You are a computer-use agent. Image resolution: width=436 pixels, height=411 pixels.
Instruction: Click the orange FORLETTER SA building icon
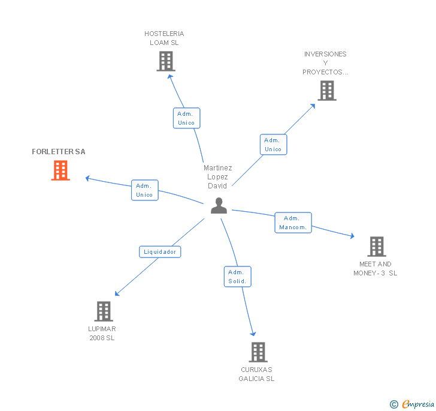(60, 170)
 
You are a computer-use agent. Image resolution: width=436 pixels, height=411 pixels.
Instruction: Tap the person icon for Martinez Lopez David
(219, 206)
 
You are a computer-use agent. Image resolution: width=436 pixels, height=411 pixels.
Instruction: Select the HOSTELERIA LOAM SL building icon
(165, 61)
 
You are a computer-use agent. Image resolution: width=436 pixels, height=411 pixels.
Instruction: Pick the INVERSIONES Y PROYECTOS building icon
(326, 91)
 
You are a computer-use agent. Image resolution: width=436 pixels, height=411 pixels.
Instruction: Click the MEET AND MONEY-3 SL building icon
(376, 247)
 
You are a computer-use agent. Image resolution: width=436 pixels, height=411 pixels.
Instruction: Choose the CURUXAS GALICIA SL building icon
(258, 352)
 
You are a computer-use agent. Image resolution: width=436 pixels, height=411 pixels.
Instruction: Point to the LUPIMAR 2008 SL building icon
(104, 311)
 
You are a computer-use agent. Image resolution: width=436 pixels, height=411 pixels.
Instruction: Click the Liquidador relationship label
(160, 252)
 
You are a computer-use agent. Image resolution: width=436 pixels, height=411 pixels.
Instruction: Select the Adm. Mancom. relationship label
(293, 223)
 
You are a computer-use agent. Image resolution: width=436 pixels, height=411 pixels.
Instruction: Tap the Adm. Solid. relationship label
(238, 277)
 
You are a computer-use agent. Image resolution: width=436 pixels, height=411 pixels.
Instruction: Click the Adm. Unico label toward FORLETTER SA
(144, 190)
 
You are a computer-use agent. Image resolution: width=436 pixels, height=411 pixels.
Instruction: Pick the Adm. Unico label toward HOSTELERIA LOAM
(186, 118)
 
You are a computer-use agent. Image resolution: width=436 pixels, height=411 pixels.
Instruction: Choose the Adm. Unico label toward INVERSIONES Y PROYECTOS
(273, 145)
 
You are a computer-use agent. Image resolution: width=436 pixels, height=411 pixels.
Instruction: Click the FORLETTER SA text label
(59, 152)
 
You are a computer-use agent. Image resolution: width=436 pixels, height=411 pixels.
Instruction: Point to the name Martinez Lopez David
(217, 177)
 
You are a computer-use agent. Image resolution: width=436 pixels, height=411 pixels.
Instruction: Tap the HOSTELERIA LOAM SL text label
(164, 38)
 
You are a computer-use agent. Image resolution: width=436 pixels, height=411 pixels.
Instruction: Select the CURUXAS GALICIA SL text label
(256, 374)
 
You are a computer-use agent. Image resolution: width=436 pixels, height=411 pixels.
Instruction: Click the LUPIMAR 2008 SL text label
(102, 334)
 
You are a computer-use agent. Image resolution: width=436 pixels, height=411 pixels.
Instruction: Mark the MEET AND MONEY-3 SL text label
(375, 269)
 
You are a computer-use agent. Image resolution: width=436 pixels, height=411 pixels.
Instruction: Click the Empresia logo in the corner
(413, 404)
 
